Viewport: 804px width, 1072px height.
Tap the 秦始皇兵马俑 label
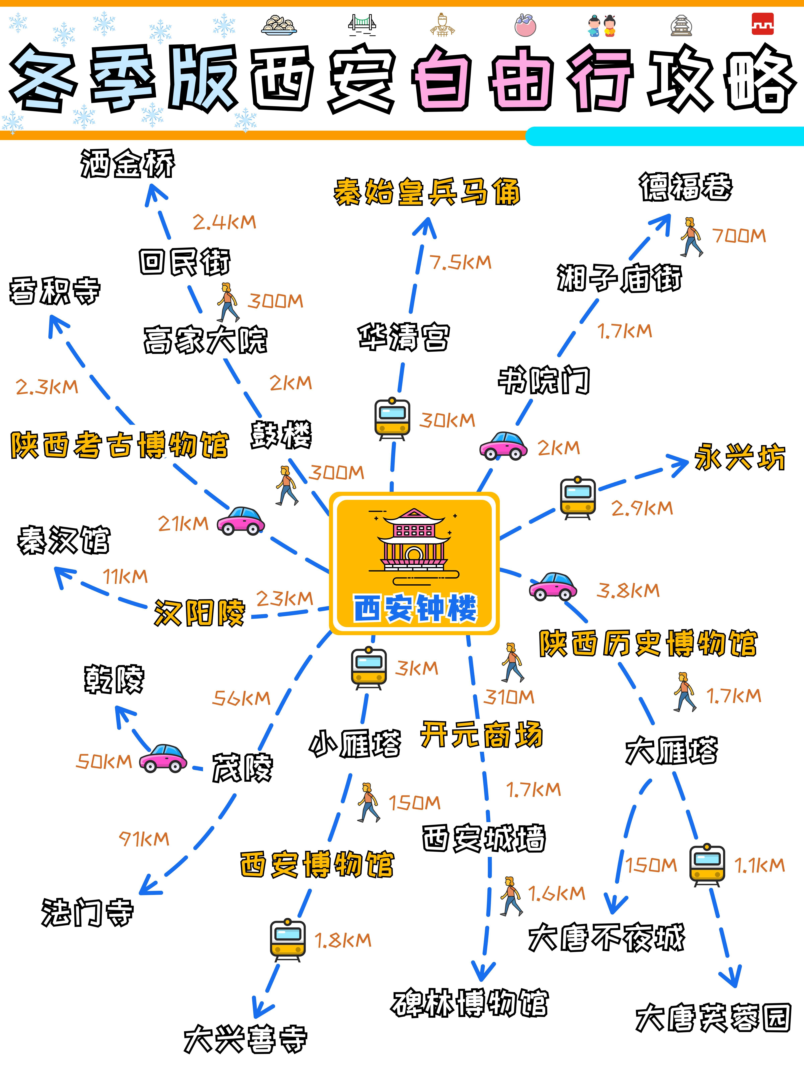point(426,192)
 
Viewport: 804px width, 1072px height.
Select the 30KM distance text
point(447,420)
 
